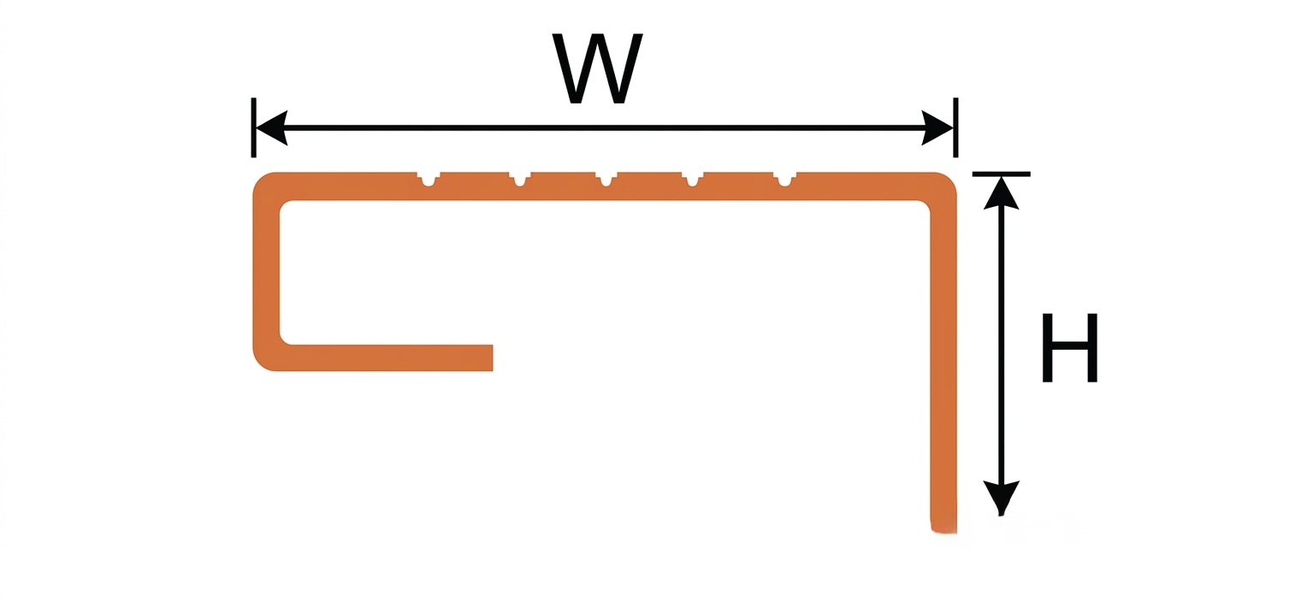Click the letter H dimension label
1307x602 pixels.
pyautogui.click(x=1070, y=348)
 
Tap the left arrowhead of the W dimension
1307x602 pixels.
pyautogui.click(x=271, y=127)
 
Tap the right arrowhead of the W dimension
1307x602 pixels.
pyautogui.click(x=937, y=127)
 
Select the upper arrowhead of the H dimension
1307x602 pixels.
pyautogui.click(x=1002, y=192)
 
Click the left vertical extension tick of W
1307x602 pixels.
pyautogui.click(x=253, y=127)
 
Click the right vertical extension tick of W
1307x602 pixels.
pyautogui.click(x=955, y=127)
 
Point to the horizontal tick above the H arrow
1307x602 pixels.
pyautogui.click(x=1002, y=174)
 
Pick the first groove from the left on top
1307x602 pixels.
pyautogui.click(x=429, y=179)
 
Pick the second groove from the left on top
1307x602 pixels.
pyautogui.click(x=520, y=179)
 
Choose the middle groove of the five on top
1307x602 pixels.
pyautogui.click(x=606, y=179)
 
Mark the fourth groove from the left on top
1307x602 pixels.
pyautogui.click(x=693, y=179)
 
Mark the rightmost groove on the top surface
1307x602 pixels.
pyautogui.click(x=784, y=179)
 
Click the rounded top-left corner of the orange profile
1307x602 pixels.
pyautogui.click(x=263, y=183)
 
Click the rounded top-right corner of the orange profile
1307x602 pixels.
pyautogui.click(x=946, y=183)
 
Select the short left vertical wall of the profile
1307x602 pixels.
pyautogui.click(x=266, y=272)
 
